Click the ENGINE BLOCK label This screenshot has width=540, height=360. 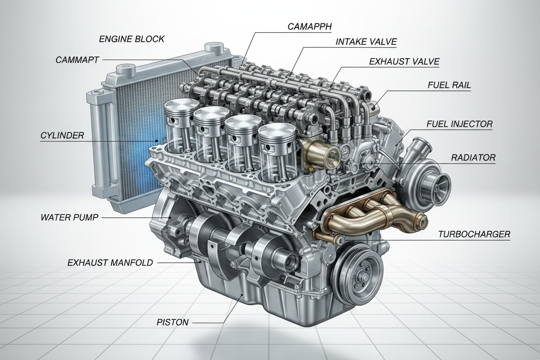click(x=132, y=39)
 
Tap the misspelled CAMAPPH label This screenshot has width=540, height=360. click(x=309, y=26)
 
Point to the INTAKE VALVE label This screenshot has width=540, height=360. click(x=366, y=42)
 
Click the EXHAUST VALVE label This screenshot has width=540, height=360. click(x=404, y=62)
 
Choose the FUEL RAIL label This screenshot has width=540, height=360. click(x=449, y=85)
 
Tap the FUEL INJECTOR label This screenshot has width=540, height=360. click(x=459, y=124)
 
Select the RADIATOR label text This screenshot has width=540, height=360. click(x=473, y=157)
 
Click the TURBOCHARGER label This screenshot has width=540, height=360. click(x=474, y=235)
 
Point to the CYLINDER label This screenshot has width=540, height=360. click(x=62, y=136)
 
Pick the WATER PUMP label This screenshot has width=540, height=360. click(x=69, y=217)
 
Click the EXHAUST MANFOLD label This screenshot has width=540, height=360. click(x=110, y=262)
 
